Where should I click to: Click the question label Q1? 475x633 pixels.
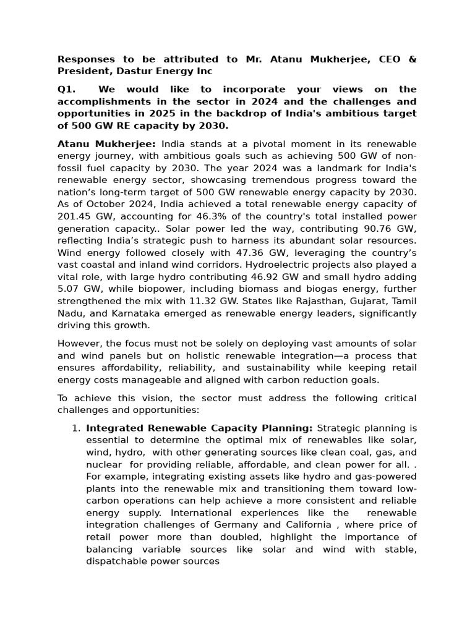coord(66,90)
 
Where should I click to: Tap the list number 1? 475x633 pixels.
coord(76,428)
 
